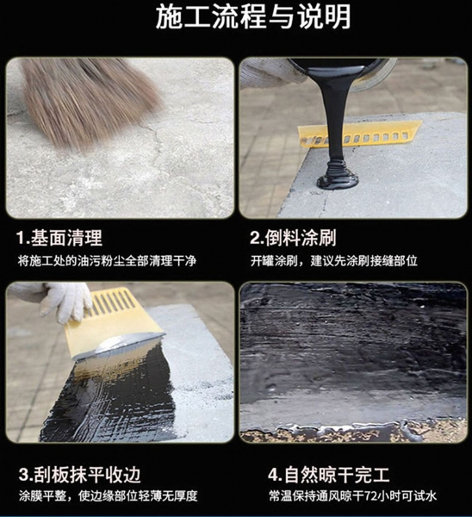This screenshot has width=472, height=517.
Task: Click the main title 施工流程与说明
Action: coord(253,17)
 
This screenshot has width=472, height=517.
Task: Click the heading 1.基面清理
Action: coord(59,238)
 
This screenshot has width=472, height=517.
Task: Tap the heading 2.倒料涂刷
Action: coord(293,238)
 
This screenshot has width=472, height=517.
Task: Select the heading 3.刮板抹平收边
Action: coord(80,475)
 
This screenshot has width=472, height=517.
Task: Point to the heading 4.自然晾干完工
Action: coord(329,475)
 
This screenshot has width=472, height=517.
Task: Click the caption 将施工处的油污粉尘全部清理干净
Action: coord(107,261)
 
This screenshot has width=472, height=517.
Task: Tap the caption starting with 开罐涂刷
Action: coord(333,261)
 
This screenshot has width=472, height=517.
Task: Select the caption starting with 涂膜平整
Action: coord(109,496)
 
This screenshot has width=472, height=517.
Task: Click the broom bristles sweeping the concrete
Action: coord(89,99)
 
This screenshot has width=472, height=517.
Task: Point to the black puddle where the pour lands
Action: coord(337,181)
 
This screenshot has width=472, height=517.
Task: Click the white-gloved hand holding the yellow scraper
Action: coord(66,302)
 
